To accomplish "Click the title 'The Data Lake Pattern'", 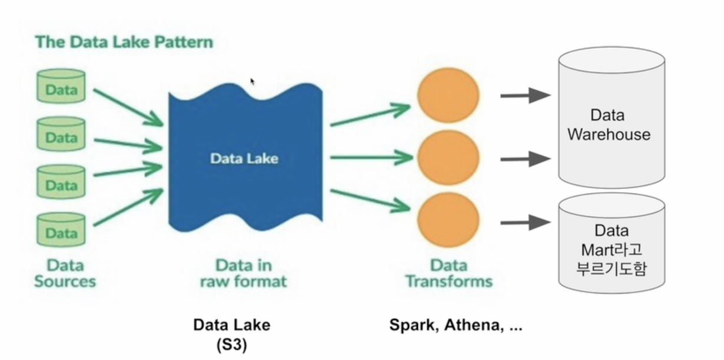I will [124, 42].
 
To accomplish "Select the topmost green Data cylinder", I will [61, 90].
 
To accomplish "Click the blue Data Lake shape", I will [244, 159].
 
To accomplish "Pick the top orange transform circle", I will [449, 95].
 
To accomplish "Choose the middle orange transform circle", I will [449, 158].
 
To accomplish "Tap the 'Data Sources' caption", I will [65, 273].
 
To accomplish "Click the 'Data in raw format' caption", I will [243, 273].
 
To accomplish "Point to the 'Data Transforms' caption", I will [449, 273].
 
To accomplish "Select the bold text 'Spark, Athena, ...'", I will [456, 325].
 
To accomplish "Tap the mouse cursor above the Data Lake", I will [253, 82].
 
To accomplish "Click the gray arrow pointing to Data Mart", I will [526, 222].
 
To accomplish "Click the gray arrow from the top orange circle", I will [526, 95].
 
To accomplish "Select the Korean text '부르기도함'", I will [612, 270].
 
